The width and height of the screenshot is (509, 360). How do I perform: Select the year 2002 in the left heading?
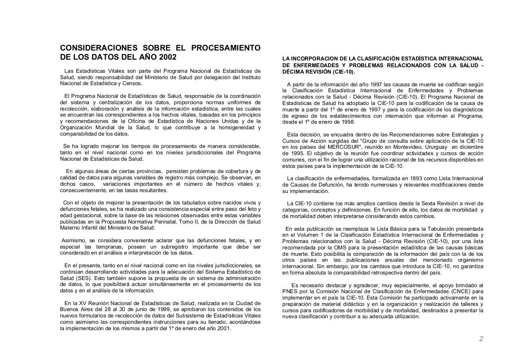pyautogui.click(x=167, y=57)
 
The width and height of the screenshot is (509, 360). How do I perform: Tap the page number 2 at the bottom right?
pyautogui.click(x=481, y=339)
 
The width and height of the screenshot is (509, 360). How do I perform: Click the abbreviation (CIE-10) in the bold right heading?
pyautogui.click(x=342, y=72)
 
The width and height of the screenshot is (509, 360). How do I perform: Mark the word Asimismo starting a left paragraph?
pyautogui.click(x=74, y=240)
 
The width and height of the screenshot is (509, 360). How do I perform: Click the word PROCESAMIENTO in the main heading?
pyautogui.click(x=226, y=48)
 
